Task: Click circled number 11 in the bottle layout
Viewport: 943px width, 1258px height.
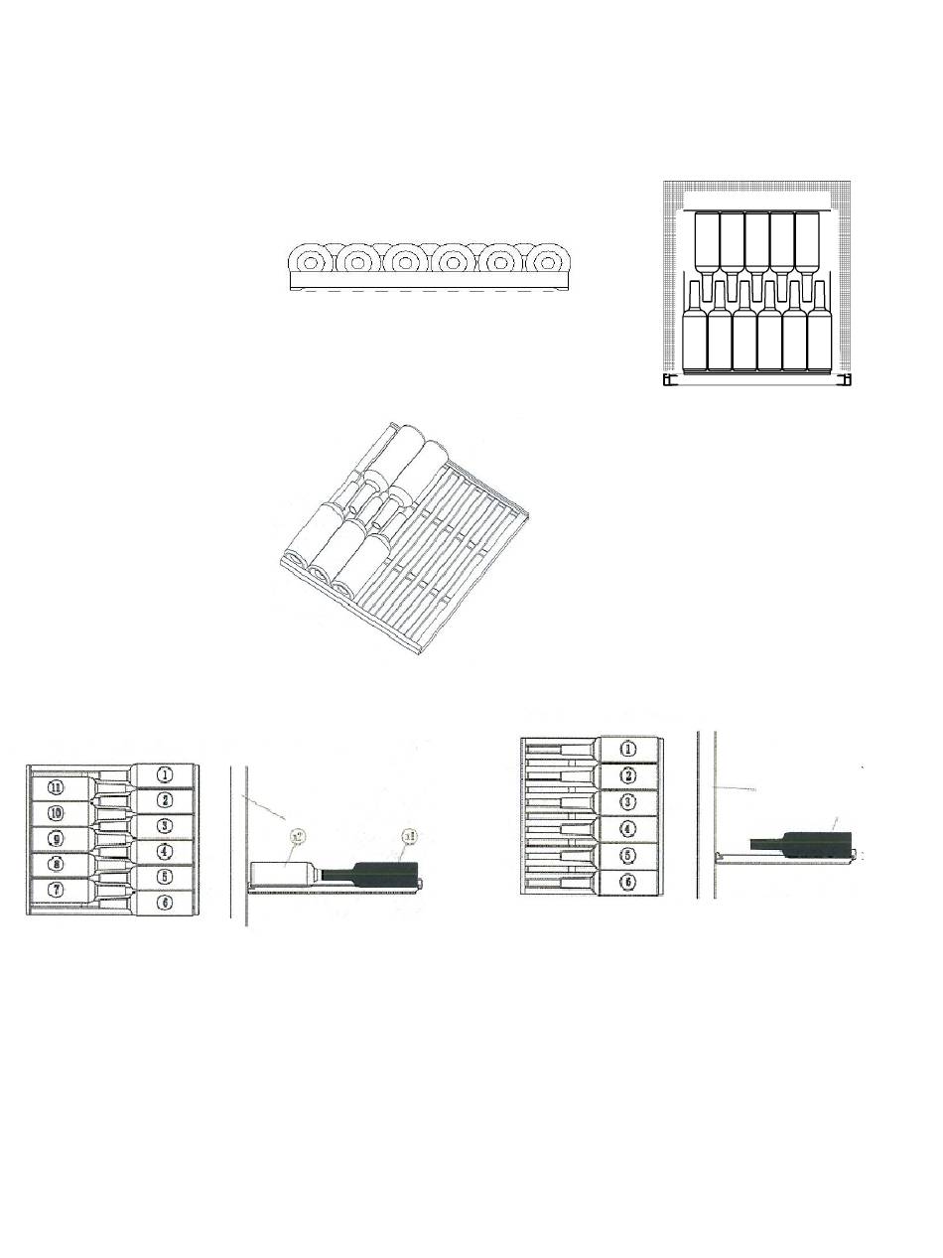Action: click(57, 787)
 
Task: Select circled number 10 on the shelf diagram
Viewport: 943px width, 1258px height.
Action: click(57, 812)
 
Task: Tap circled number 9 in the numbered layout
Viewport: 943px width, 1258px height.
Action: click(57, 838)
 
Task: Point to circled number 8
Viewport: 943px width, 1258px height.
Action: click(57, 864)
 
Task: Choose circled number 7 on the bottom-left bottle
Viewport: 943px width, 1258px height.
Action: click(57, 890)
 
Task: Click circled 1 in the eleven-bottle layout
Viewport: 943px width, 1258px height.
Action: click(166, 774)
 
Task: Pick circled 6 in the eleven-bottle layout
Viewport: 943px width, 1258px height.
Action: click(166, 903)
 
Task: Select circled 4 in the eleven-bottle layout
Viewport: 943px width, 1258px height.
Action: click(166, 851)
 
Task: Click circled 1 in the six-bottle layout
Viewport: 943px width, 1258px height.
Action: click(627, 750)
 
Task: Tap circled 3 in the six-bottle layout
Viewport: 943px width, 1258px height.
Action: click(627, 802)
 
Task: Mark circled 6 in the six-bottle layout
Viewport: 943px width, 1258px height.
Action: click(627, 882)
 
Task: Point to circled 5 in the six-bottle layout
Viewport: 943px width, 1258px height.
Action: click(627, 855)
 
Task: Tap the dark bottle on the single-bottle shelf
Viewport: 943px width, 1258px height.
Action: click(804, 843)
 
